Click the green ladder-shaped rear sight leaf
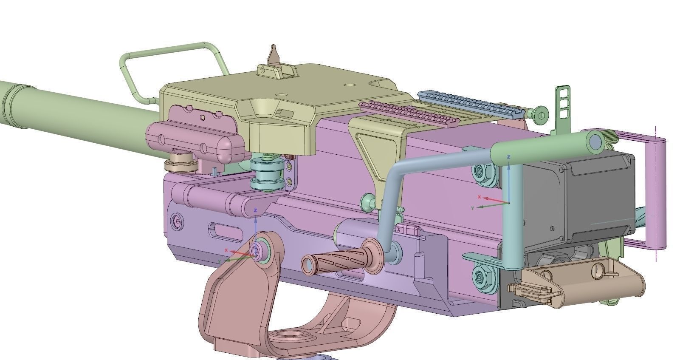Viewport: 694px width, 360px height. pos(563,102)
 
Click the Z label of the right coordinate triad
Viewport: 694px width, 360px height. pos(509,157)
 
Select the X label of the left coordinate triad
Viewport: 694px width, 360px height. pos(226,250)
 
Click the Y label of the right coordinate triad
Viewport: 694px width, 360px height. pos(472,208)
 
